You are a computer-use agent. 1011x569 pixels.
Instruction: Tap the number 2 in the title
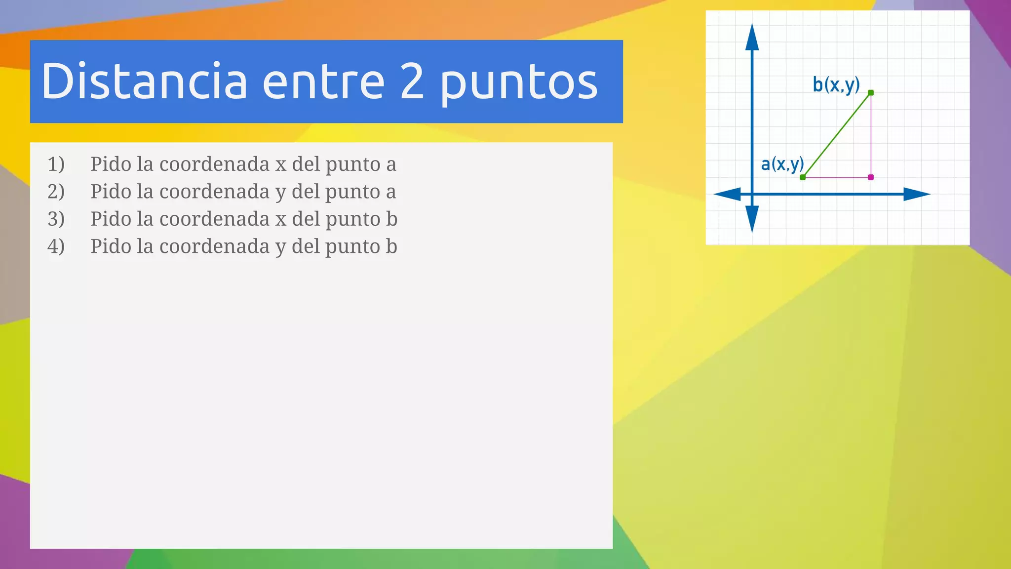click(x=412, y=81)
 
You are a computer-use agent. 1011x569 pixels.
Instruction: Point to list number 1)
click(x=56, y=164)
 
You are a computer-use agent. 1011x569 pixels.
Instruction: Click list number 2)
click(x=56, y=192)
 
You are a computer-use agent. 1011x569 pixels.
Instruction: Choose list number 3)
click(x=56, y=219)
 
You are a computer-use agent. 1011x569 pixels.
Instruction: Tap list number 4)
click(x=56, y=246)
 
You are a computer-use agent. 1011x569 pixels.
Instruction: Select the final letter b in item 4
click(x=391, y=246)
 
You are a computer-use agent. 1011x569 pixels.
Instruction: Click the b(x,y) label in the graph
click(x=836, y=85)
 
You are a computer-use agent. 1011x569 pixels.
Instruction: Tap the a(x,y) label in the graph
click(x=782, y=163)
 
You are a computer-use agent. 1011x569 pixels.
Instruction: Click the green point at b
click(x=871, y=93)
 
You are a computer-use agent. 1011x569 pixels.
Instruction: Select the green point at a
click(x=803, y=177)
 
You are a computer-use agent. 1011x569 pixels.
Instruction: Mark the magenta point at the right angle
click(x=871, y=177)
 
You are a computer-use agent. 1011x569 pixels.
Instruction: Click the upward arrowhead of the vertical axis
click(x=752, y=37)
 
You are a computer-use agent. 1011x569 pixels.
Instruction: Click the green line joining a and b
click(x=837, y=135)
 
